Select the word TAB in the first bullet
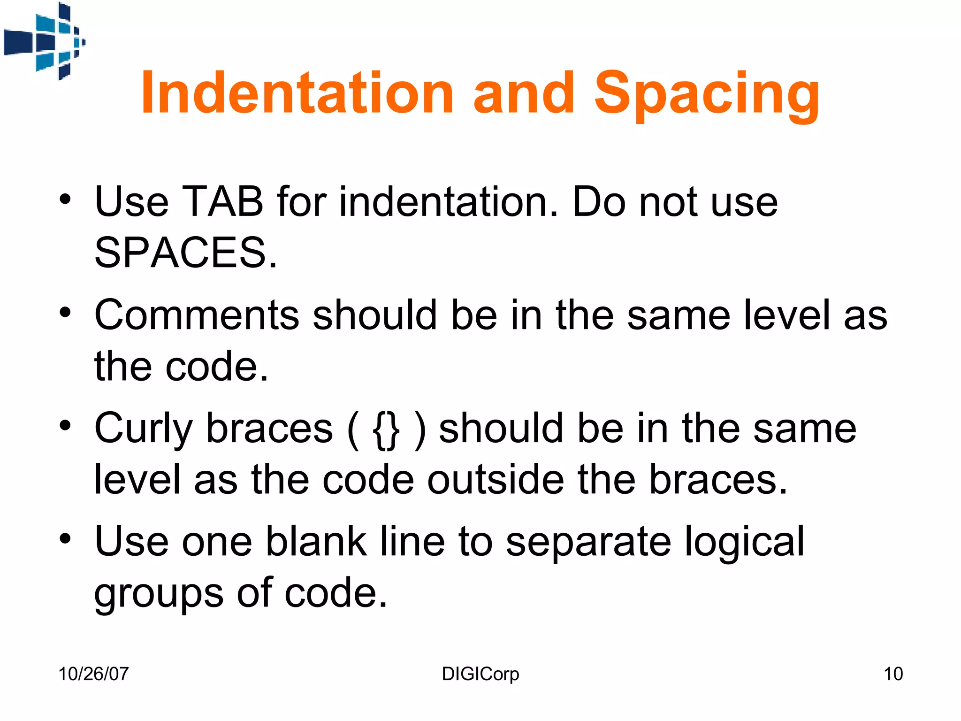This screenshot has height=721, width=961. [222, 202]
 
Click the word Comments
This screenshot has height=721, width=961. [197, 315]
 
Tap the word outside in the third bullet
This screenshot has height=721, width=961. [496, 480]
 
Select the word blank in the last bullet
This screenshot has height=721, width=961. [316, 542]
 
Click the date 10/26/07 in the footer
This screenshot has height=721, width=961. [93, 674]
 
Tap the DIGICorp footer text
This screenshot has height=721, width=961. [480, 674]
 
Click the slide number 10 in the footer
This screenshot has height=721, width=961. [893, 674]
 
